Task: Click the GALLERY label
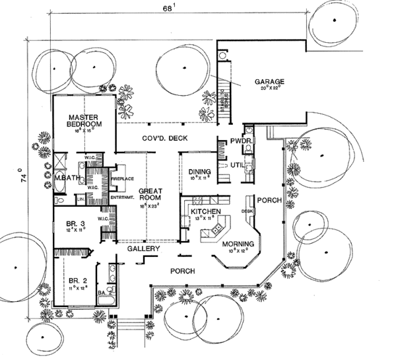tap(144, 250)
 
